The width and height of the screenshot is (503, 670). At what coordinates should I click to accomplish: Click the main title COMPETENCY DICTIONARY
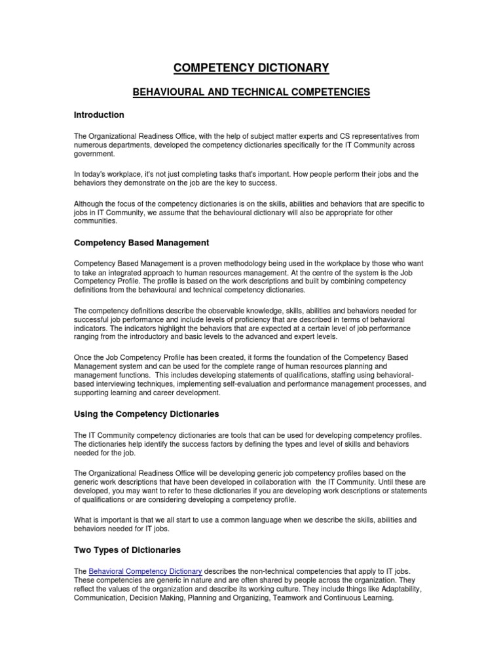coord(251,67)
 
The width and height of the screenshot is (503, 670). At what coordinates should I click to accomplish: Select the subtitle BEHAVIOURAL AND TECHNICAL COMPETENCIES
coord(251,92)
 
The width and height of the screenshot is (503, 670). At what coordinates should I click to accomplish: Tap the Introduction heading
coord(99,115)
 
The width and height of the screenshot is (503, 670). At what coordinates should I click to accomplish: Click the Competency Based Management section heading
coord(141,243)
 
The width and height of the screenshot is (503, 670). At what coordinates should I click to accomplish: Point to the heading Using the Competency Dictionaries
coord(146,415)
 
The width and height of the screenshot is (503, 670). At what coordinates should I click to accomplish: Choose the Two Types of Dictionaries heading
coord(127,550)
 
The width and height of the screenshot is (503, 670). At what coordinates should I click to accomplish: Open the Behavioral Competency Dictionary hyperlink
coord(145,572)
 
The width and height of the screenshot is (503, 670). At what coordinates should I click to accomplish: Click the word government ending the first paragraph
coord(94,154)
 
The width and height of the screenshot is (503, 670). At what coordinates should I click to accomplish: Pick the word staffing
coord(322,376)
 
